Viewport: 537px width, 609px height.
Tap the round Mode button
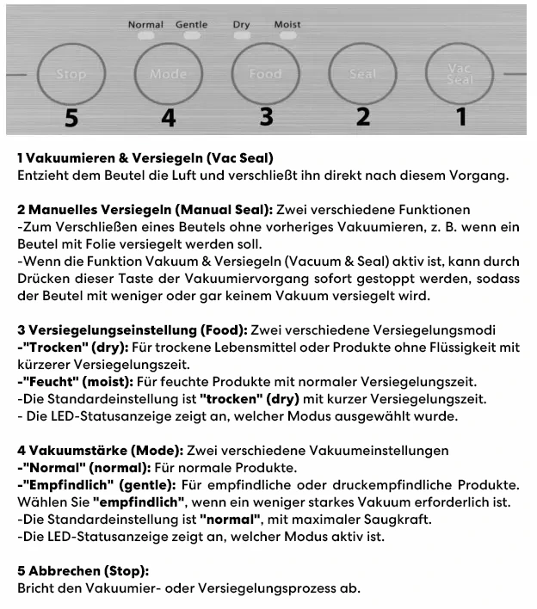point(168,74)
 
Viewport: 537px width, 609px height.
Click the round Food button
point(265,74)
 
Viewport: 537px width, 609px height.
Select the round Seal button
point(362,74)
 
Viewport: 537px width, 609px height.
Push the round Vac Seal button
point(460,74)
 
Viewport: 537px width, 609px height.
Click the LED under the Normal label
point(145,37)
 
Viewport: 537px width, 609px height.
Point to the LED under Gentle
point(192,37)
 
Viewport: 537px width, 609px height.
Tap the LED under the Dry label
point(242,37)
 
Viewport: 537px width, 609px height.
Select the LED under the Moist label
point(287,37)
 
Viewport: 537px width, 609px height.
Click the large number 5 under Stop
point(71,118)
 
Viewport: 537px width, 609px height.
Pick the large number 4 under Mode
point(169,118)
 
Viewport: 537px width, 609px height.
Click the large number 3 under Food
point(266,117)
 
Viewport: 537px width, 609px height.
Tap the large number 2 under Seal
point(363,117)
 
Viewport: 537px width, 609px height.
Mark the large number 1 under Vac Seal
point(461,117)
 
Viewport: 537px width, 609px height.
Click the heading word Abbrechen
point(60,571)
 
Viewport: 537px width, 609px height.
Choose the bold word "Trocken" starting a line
point(52,348)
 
